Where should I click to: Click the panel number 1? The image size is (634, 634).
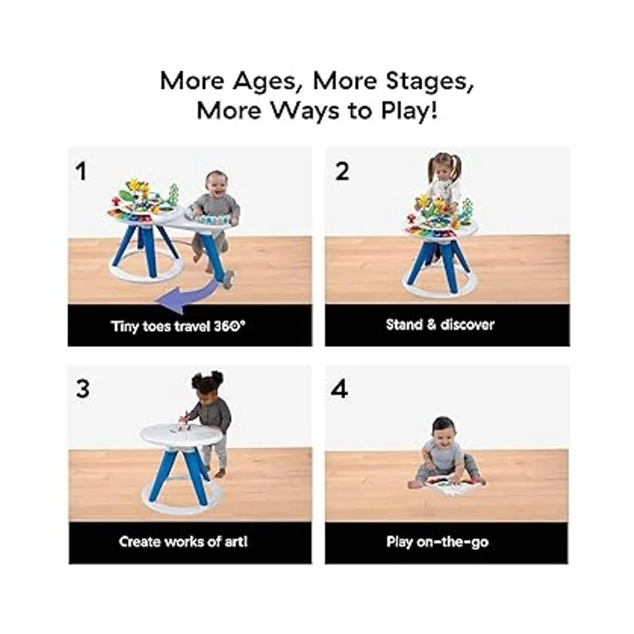coord(81,171)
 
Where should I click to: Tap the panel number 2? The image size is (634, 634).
coord(342,171)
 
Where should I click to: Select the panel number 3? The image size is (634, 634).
coord(82,389)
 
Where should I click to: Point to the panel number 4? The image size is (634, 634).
coord(340,389)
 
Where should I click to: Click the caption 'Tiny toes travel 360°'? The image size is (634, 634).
coord(178,327)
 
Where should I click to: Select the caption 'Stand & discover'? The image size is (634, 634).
coord(440,325)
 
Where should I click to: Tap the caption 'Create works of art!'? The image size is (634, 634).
coord(183,542)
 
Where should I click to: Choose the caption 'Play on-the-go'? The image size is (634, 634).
coord(437,542)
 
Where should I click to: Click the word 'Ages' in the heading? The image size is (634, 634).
coord(265,81)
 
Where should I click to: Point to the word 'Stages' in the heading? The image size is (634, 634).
coord(430,81)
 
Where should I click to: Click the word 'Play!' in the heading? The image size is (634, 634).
coord(409,110)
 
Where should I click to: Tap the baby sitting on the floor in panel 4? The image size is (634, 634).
coord(444,453)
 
